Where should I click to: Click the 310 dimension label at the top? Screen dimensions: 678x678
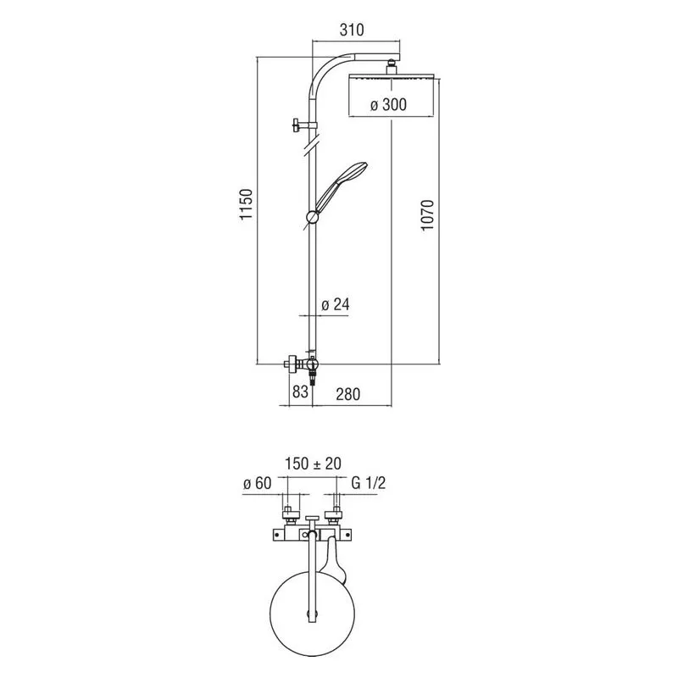click(x=352, y=30)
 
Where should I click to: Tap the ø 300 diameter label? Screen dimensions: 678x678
click(x=388, y=104)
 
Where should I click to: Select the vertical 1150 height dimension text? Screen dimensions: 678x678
click(x=246, y=204)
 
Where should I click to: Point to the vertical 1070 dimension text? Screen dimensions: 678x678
click(x=427, y=215)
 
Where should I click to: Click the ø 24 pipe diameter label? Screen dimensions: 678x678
click(x=336, y=304)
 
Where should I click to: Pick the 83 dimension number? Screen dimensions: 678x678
click(x=301, y=392)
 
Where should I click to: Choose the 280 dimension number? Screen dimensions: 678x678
click(x=348, y=394)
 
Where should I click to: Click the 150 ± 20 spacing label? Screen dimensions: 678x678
click(x=313, y=464)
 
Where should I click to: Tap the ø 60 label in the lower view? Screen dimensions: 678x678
click(x=258, y=483)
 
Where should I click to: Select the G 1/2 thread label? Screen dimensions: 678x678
click(x=368, y=482)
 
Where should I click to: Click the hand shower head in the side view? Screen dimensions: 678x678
click(x=342, y=186)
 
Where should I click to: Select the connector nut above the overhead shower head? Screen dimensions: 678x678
click(x=391, y=67)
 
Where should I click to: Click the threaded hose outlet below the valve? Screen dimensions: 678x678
click(x=314, y=375)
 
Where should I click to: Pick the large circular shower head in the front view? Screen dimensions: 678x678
click(x=312, y=614)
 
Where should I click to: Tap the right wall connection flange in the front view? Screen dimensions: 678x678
click(x=336, y=515)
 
